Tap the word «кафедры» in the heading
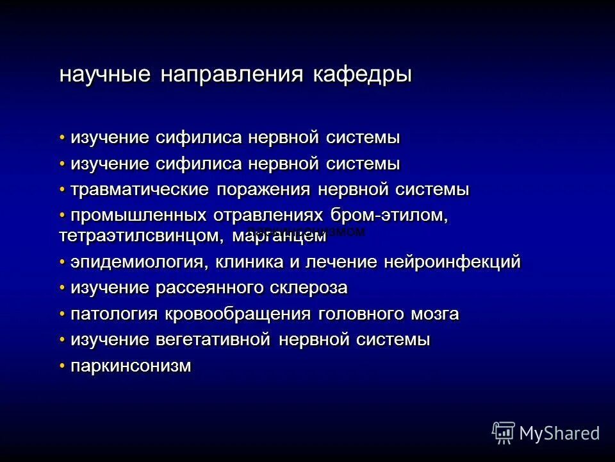[362, 74]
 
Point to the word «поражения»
[263, 191]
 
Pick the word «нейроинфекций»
[452, 262]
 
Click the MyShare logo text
[560, 433]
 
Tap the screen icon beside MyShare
[504, 433]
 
